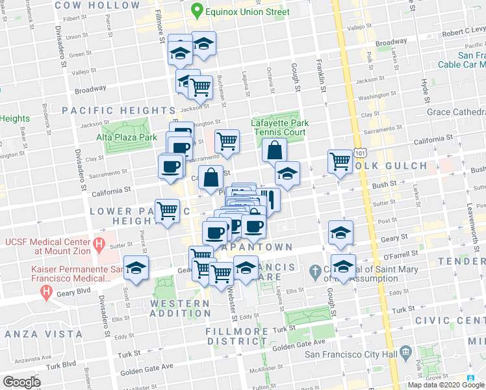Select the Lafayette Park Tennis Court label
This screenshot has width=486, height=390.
pos(279,127)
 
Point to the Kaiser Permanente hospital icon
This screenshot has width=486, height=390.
pos(46,292)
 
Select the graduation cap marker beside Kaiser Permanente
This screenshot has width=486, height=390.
pos(136,268)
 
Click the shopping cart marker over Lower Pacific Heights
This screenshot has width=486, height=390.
pos(168,211)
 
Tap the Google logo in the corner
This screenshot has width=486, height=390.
pos(21,382)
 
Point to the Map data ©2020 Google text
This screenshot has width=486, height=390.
pos(446,385)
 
